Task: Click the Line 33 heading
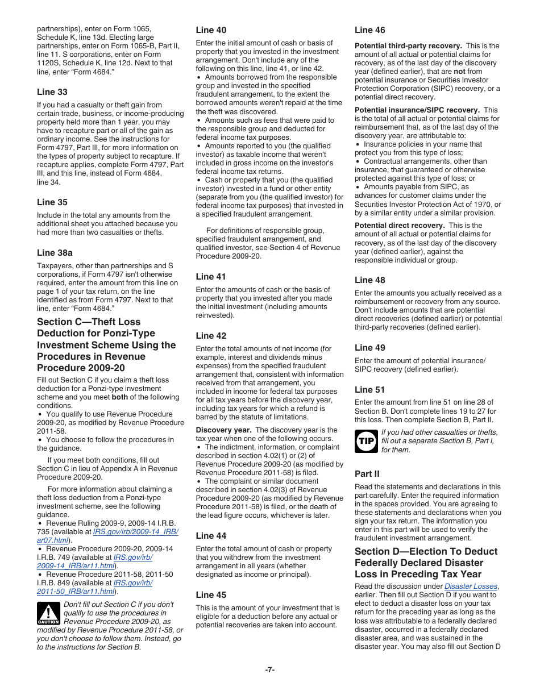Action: [x=52, y=92]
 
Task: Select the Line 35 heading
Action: [x=52, y=202]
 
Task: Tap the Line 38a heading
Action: [x=55, y=252]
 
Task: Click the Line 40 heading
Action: [x=211, y=30]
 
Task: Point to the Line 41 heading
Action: [x=211, y=277]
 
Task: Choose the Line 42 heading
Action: [x=211, y=336]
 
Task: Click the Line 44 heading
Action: [x=211, y=536]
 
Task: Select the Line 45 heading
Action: [x=211, y=595]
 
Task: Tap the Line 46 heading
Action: [x=370, y=30]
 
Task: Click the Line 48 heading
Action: [x=370, y=280]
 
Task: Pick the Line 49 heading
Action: [x=370, y=348]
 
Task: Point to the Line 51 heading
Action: [x=370, y=390]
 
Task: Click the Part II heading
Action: [x=367, y=474]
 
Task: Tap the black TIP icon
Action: [x=366, y=441]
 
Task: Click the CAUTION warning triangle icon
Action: [x=48, y=614]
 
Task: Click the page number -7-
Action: [x=270, y=669]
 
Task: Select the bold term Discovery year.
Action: [x=223, y=430]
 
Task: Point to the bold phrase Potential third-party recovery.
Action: [x=408, y=46]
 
